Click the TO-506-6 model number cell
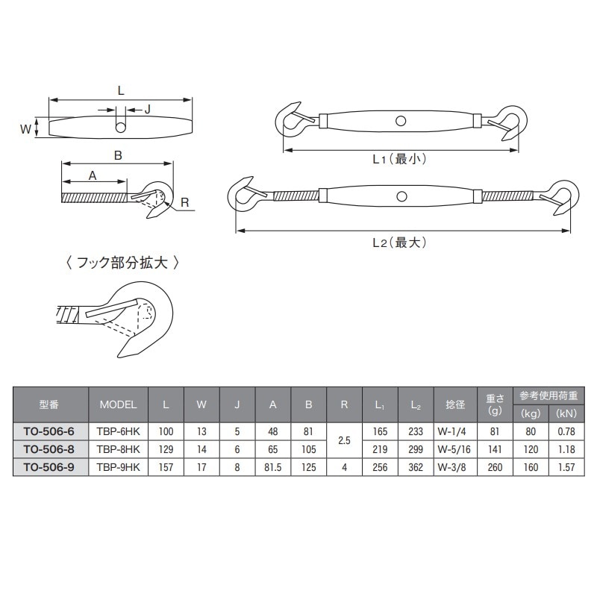coord(49,431)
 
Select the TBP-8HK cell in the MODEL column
coord(118,449)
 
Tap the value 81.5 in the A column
coord(272,467)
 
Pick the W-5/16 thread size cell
coord(454,449)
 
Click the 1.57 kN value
coord(566,467)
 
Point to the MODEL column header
coord(118,404)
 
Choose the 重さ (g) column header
coord(495,404)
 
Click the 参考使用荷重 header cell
coord(548,396)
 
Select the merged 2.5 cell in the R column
coord(344,440)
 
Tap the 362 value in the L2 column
coord(416,467)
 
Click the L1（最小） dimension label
coord(399,159)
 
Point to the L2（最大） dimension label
coord(399,243)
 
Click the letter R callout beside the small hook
coord(184,202)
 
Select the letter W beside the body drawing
coord(25,129)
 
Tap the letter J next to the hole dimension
coord(148,110)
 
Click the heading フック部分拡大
coord(122,263)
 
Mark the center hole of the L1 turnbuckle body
coord(401,121)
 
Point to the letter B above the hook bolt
coord(118,155)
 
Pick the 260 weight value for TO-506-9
coord(495,467)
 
